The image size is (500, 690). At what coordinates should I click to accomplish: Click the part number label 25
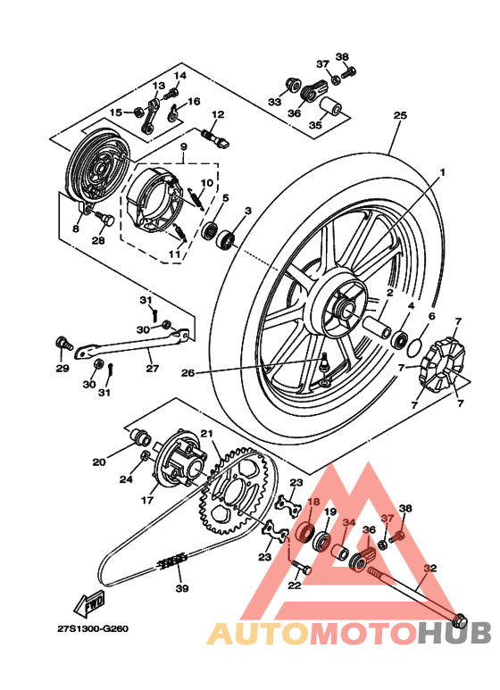pyautogui.click(x=399, y=115)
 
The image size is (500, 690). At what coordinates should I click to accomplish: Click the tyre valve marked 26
pyautogui.click(x=325, y=361)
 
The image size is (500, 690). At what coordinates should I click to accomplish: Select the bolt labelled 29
pyautogui.click(x=62, y=343)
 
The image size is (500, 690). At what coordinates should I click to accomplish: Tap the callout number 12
pyautogui.click(x=217, y=115)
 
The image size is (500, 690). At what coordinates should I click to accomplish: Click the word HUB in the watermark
pyautogui.click(x=454, y=633)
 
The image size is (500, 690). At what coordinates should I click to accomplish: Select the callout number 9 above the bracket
pyautogui.click(x=182, y=145)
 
